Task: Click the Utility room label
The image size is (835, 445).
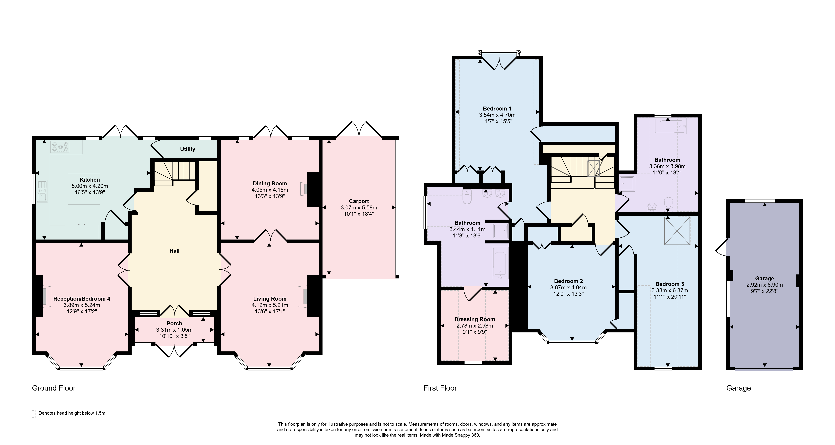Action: pos(188,149)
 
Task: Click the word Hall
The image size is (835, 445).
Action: pos(174,251)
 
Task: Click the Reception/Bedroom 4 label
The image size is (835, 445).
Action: pos(82,299)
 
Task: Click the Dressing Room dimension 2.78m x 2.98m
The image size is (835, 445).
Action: pos(474,326)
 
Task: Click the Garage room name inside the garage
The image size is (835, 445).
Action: pos(764,278)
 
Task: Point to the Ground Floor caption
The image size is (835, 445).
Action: pos(54,388)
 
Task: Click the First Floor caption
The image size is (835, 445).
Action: pos(440,388)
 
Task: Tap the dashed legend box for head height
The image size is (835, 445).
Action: pos(33,414)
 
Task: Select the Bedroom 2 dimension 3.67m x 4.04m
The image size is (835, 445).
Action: pos(568,287)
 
